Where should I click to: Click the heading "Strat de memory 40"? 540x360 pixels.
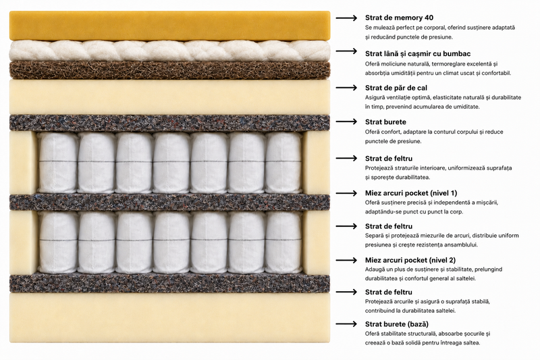(399, 18)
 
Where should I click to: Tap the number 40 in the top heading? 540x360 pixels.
(429, 18)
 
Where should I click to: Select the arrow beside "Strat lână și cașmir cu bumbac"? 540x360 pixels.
(346, 51)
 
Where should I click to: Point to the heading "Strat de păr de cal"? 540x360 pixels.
(396, 88)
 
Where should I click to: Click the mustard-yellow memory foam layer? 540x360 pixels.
(170, 26)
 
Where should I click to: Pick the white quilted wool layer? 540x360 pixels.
(170, 51)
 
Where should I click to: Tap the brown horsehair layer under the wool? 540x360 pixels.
(170, 70)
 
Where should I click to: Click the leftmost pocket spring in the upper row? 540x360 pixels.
(57, 162)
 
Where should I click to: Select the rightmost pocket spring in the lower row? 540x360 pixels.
(283, 242)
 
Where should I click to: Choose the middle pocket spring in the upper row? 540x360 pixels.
(171, 162)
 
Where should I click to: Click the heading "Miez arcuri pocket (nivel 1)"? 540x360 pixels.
(411, 193)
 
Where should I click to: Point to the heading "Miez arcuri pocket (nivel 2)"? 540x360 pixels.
(410, 260)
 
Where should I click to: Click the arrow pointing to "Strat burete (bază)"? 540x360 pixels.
(346, 324)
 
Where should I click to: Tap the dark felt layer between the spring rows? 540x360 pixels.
(170, 202)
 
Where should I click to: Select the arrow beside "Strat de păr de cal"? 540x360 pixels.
(346, 88)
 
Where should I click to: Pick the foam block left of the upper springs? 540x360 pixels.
(23, 162)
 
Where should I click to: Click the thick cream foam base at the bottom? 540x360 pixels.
(170, 317)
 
